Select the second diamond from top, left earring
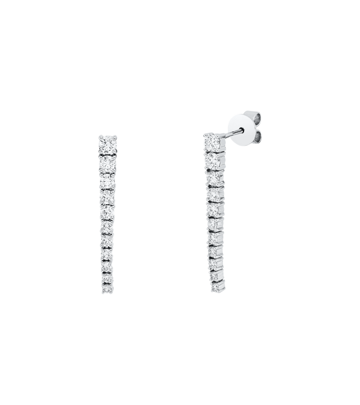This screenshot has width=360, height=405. [x=108, y=163]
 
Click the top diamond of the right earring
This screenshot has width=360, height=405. [x=212, y=141]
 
